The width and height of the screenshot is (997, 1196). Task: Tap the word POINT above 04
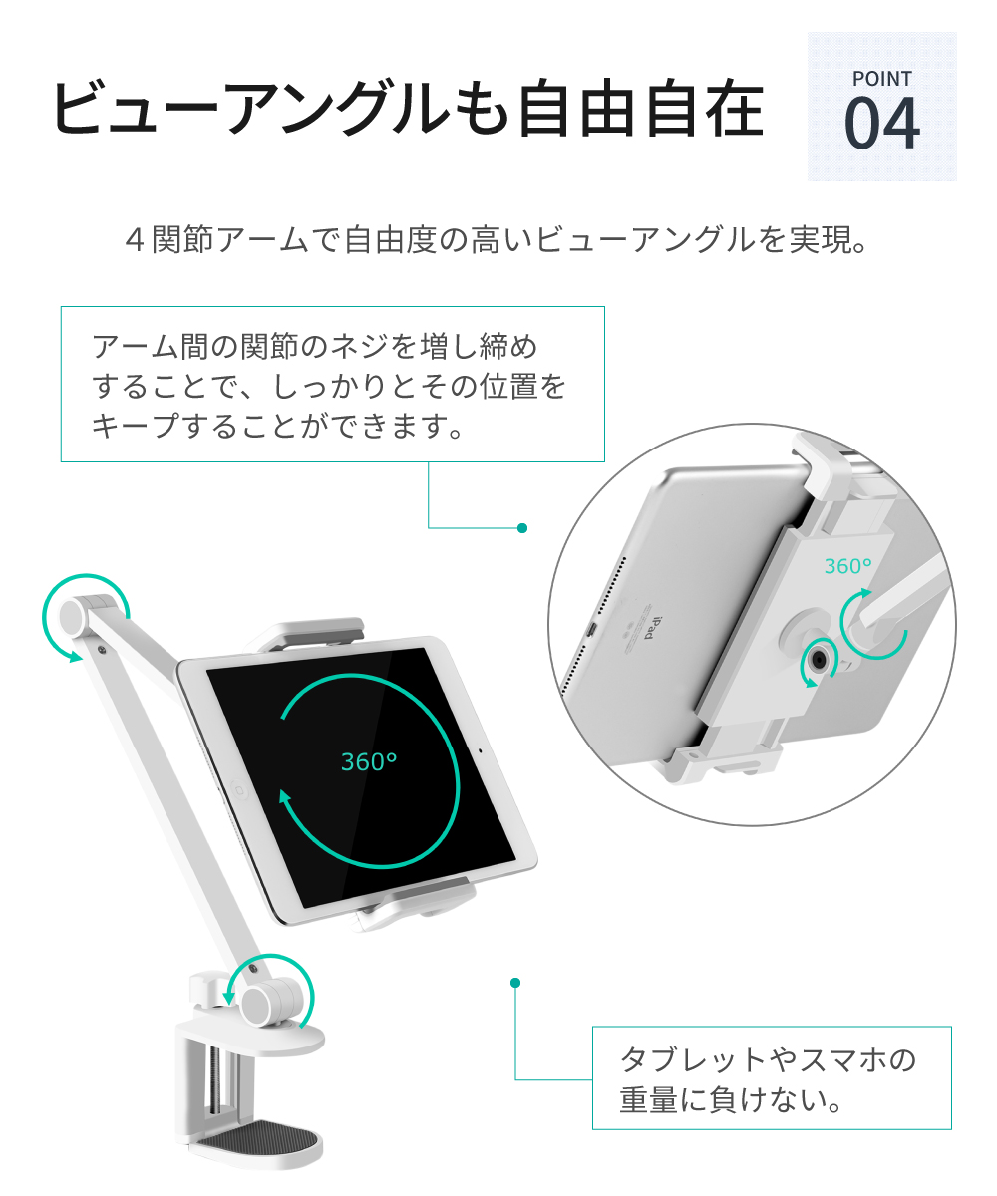(881, 78)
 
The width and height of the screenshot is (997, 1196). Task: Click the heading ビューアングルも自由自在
(407, 109)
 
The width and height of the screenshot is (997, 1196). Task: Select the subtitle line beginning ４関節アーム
(496, 241)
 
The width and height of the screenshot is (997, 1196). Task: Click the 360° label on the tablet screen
(369, 762)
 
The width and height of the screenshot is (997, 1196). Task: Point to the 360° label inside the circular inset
(848, 566)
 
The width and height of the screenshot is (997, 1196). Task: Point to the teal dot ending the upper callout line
(521, 528)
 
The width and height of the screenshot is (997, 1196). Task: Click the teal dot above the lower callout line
(515, 983)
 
